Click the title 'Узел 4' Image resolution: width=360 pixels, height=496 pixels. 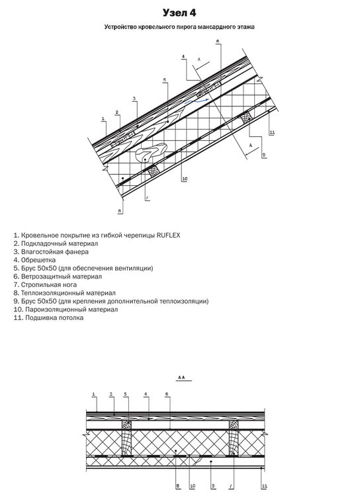point(179,13)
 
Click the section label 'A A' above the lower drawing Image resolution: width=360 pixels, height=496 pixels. point(179,378)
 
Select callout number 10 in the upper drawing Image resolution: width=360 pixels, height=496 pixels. point(184,179)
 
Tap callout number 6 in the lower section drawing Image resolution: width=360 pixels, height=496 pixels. point(167,394)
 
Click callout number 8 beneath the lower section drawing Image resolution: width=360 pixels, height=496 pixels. point(177,486)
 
